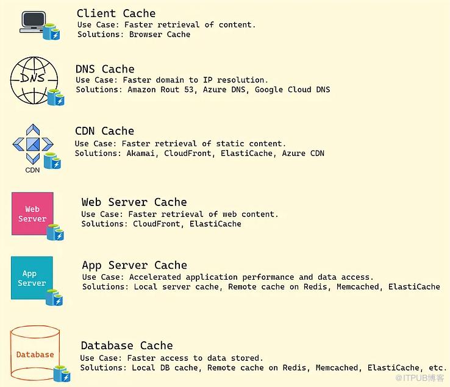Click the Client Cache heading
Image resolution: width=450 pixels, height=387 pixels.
coord(116,13)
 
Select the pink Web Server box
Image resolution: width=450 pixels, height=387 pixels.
coord(32,214)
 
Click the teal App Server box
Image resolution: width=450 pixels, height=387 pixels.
coord(32,278)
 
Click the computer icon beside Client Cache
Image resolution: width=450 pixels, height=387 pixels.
coord(32,22)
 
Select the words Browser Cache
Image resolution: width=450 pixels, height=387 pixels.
coord(160,35)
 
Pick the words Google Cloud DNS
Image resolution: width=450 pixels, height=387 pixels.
coord(292,90)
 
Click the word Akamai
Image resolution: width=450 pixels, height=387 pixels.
coord(141,154)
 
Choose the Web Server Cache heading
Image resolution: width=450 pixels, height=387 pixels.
coord(134,202)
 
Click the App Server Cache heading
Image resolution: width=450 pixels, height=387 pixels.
coord(134,265)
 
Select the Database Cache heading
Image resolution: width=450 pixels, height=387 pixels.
coord(127,346)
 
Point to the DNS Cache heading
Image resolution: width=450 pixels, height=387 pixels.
coord(105,69)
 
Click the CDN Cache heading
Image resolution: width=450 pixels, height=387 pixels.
coord(104,131)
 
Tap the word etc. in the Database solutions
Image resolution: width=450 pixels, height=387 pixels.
coord(437,368)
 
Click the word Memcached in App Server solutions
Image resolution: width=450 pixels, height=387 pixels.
coord(357,286)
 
